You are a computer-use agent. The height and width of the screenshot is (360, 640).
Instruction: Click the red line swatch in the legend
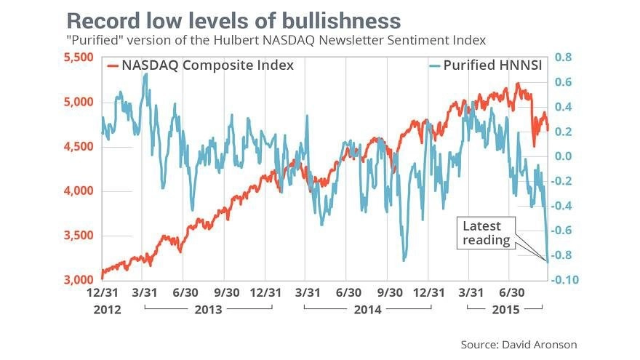coord(113,65)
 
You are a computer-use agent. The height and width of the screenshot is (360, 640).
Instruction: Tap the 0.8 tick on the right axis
coord(564,57)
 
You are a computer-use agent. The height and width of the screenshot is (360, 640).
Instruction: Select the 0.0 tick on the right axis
coord(564,156)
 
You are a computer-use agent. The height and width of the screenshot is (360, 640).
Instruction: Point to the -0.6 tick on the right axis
coord(562,231)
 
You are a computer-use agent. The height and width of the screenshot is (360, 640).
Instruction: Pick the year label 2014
coord(367,310)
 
